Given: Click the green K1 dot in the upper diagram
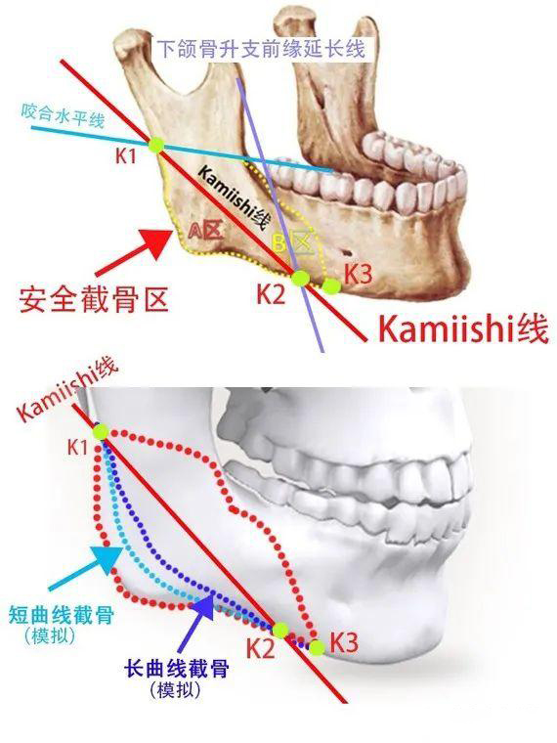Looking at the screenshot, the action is pos(155,145).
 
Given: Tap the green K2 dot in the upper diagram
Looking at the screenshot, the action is pos(299,279).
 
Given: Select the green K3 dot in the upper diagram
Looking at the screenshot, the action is pos(331,285).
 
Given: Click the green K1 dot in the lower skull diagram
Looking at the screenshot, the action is pos(101,432).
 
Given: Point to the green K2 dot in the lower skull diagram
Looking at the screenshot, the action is pos(280,631).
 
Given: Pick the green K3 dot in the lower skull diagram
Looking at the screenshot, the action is pos(317,647).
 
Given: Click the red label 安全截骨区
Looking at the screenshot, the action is pos(94,300).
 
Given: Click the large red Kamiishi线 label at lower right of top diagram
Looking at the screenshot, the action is pos(464,328).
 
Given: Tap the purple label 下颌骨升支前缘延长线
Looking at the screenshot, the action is pos(261,49).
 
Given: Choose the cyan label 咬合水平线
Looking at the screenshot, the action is pos(63,115).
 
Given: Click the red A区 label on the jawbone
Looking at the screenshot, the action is pos(205,231).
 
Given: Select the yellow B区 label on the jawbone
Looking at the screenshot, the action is pos(293,243).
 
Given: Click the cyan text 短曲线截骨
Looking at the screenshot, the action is pos(62,615).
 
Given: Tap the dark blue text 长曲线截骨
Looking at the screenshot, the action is pos(176,669).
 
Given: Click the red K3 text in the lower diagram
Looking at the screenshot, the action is pos(344,642).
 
